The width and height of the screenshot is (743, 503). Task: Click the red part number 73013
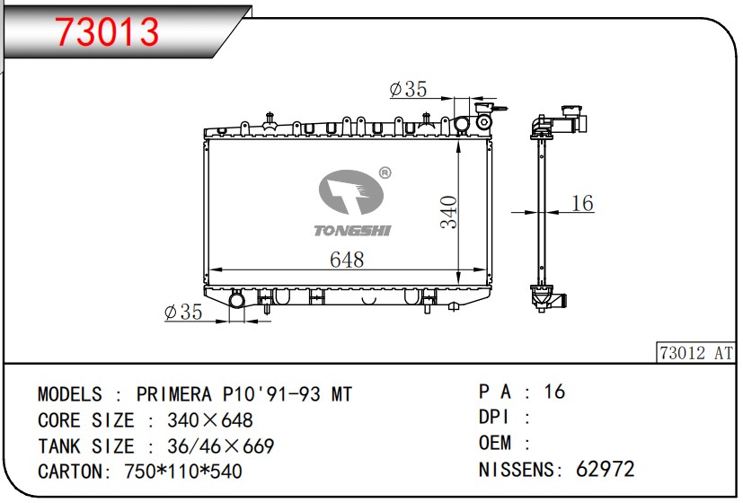(x=107, y=31)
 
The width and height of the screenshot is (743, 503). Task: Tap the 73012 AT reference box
(x=696, y=353)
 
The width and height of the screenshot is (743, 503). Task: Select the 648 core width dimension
(x=347, y=260)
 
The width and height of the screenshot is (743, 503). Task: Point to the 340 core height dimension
(x=448, y=212)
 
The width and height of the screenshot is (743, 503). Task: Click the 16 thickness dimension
(x=582, y=203)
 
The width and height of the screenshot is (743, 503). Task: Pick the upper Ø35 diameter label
(x=408, y=89)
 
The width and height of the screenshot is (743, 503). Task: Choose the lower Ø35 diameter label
(x=183, y=312)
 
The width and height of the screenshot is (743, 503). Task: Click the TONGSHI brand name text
(x=352, y=231)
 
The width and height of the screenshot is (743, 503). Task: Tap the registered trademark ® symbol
(x=385, y=172)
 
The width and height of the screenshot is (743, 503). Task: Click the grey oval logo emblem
(x=350, y=192)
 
